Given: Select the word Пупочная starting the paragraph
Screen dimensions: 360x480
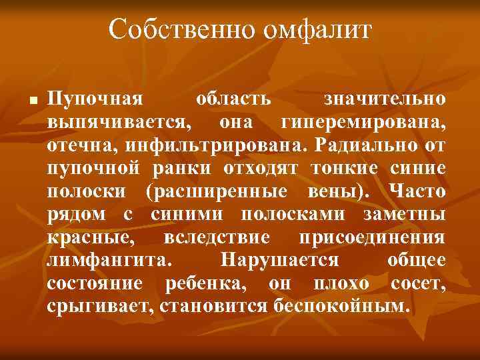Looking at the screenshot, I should click(95, 100).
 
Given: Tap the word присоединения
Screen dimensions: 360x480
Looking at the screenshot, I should click(374, 237).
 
